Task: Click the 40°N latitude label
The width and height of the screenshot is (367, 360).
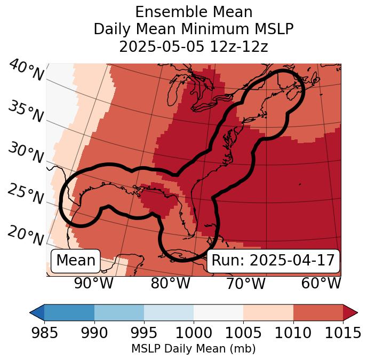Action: (26, 71)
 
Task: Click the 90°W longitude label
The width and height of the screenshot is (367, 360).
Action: (94, 283)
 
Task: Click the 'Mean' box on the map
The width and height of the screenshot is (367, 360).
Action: (76, 261)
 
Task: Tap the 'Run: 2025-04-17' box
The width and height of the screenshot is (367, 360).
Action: (273, 261)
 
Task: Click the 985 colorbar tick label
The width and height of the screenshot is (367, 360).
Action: (44, 333)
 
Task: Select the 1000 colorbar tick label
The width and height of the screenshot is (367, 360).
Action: (193, 333)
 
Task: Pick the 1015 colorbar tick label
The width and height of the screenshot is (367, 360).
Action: (342, 333)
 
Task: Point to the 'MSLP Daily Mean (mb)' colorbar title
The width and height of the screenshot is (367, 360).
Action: (193, 349)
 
